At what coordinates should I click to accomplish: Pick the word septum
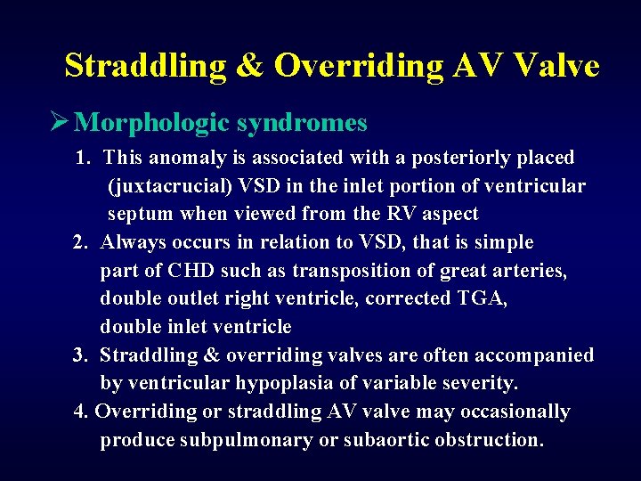coord(140,214)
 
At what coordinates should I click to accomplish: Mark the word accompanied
coord(538,355)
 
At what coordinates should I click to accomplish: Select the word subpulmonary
coord(234,440)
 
